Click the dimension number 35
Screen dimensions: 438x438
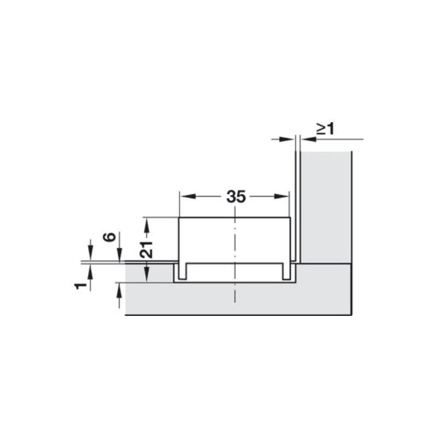tap(236, 197)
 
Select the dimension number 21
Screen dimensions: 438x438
tap(146, 249)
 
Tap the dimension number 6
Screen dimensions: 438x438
tap(109, 237)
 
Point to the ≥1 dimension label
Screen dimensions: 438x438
tap(325, 129)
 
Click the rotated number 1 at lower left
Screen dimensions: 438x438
tap(80, 286)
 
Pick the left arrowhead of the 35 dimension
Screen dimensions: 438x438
tap(188, 197)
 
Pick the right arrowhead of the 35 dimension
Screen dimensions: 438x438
tap(281, 197)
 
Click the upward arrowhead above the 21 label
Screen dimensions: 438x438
tap(147, 225)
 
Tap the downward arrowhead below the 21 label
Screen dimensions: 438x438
tap(147, 275)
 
